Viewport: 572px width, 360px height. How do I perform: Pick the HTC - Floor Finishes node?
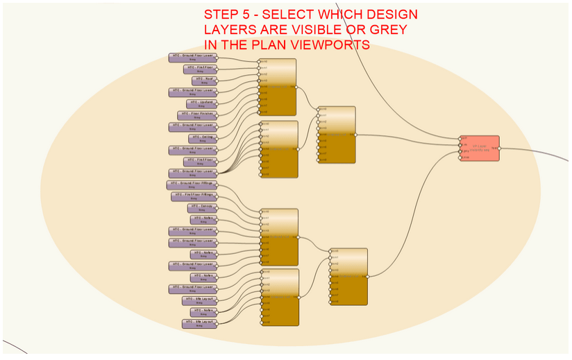[196, 114]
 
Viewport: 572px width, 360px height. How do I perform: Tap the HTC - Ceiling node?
[203, 138]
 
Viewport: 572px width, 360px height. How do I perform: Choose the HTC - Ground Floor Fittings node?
[192, 185]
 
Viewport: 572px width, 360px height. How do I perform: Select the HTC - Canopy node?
[203, 207]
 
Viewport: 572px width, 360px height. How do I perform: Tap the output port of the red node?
[499, 148]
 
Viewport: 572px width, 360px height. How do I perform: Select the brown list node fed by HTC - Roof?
[278, 87]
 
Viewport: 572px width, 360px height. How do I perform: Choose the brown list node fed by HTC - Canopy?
[279, 237]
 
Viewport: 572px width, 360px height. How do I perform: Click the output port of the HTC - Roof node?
[217, 80]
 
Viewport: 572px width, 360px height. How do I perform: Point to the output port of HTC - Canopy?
[217, 207]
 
